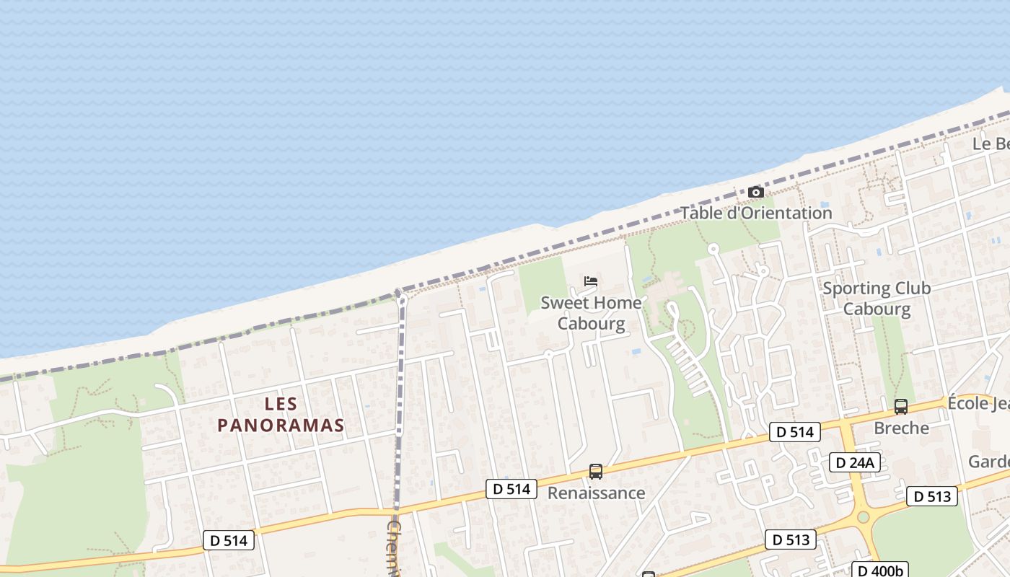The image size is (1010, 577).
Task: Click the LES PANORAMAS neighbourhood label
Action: tap(281, 415)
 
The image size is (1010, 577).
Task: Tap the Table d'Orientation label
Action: tap(756, 213)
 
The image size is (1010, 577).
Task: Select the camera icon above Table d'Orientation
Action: tap(756, 193)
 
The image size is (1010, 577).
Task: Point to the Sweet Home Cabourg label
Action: tap(591, 312)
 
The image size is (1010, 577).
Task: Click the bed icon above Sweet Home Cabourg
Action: tap(591, 281)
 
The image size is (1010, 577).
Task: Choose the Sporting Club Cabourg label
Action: tap(877, 299)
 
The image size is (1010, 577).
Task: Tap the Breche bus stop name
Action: tap(901, 428)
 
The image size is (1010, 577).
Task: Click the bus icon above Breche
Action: tap(901, 407)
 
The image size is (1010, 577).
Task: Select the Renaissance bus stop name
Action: tap(596, 493)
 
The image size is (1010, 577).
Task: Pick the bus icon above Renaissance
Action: tap(596, 472)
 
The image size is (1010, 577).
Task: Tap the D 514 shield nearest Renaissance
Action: tap(511, 488)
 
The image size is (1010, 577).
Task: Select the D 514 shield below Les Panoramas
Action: tap(229, 540)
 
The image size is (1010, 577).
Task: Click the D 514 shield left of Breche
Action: tap(794, 432)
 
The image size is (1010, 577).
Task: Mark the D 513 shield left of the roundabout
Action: tap(790, 539)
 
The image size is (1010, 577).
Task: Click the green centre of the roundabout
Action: tap(864, 517)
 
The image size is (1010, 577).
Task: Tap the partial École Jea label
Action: tap(978, 402)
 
